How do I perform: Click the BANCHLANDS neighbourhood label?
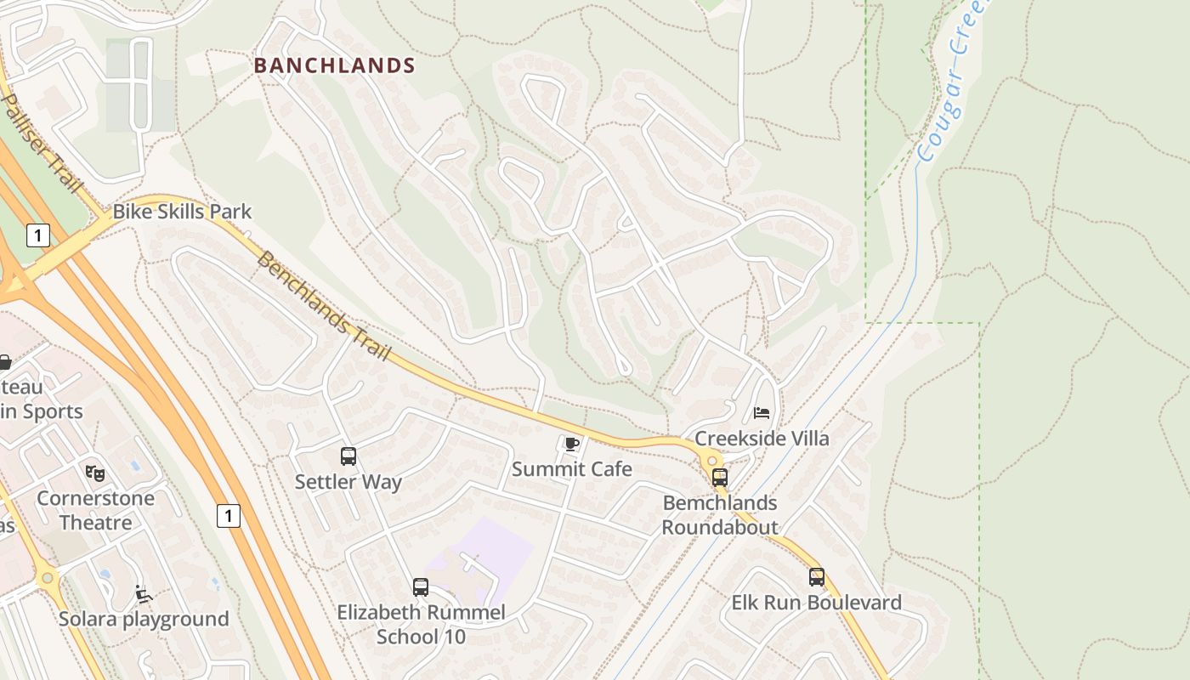tap(335, 65)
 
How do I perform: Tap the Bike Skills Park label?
tap(182, 212)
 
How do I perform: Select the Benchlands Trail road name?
tap(323, 306)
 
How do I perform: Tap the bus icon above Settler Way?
tap(348, 456)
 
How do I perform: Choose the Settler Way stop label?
tap(348, 482)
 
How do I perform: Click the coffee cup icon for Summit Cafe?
tap(571, 444)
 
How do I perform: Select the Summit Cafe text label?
tap(572, 469)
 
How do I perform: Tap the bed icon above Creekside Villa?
tap(762, 413)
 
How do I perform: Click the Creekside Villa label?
tap(762, 439)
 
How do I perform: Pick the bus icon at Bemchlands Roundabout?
tap(720, 477)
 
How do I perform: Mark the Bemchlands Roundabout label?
tap(720, 515)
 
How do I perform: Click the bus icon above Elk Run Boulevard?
tap(817, 577)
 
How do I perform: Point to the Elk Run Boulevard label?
tap(817, 603)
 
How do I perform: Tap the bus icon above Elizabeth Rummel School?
tap(420, 586)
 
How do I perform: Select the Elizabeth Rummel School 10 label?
tap(421, 624)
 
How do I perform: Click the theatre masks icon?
tap(95, 473)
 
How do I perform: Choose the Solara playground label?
tap(144, 619)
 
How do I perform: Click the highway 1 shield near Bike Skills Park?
tap(37, 235)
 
